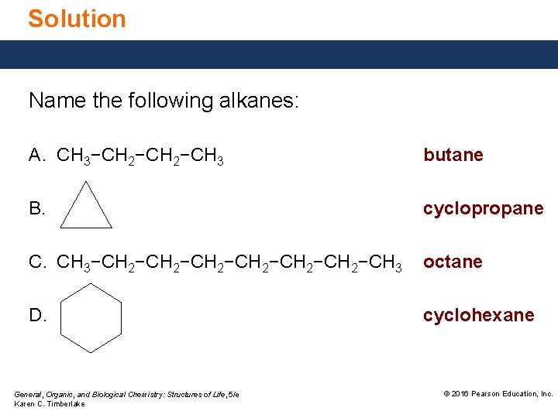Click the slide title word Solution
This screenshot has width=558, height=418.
click(77, 19)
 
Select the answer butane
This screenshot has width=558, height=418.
click(453, 155)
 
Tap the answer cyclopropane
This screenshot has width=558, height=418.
click(483, 208)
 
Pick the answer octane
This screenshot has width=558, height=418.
click(453, 262)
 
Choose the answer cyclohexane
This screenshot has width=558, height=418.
click(478, 315)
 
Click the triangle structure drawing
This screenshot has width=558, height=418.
click(86, 209)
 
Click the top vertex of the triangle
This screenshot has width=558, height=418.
click(86, 183)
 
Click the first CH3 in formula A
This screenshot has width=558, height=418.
click(74, 156)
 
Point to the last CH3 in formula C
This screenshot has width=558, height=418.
click(385, 263)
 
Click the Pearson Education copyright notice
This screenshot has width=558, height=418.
click(498, 394)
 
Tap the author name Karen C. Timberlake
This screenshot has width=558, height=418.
click(50, 404)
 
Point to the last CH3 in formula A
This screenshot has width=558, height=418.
click(207, 156)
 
